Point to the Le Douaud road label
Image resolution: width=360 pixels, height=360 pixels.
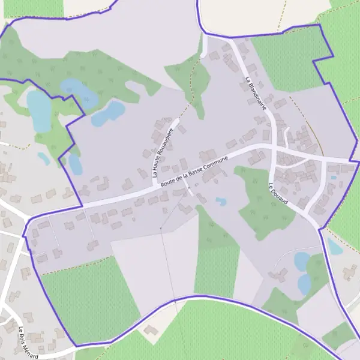click(x=279, y=193)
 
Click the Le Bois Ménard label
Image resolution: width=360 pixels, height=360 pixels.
click(x=28, y=342)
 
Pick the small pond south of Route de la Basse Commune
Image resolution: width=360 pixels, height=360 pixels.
click(x=221, y=202)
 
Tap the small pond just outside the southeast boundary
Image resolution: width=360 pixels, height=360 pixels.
click(x=334, y=247)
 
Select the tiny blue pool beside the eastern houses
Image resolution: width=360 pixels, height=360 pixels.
click(x=334, y=178)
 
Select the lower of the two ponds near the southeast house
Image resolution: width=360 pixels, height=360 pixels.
click(x=305, y=284)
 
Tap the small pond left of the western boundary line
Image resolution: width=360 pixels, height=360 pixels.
click(x=44, y=158)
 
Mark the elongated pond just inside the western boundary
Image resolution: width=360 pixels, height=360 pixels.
click(x=75, y=163)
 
